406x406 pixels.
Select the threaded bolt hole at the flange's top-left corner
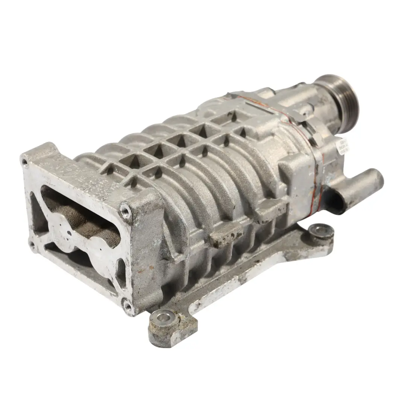coord(25,162)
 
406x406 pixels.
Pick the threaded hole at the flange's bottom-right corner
coord(129,307)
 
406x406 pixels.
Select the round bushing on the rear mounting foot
coord(321,230)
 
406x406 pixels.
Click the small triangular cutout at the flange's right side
coord(121,271)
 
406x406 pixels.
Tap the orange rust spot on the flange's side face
coord(141,269)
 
